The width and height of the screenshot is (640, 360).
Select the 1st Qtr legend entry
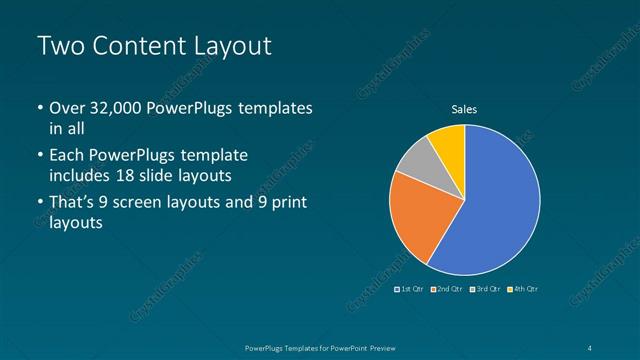[411, 289]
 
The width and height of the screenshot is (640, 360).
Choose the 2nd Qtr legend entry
[449, 289]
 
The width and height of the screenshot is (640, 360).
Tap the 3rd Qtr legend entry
[486, 289]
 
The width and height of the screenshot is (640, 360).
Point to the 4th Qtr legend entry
[524, 289]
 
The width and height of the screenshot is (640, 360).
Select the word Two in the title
[60, 46]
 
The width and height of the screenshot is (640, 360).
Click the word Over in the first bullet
[67, 107]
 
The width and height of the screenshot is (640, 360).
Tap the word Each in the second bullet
[67, 155]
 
